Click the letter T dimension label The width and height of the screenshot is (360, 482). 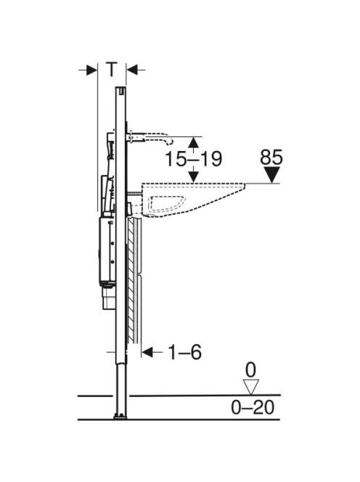(x=112, y=69)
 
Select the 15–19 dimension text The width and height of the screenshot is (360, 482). (x=193, y=159)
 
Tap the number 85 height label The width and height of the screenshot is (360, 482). (x=271, y=158)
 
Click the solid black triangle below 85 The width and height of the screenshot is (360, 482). (x=271, y=175)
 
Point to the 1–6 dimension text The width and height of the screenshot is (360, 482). (x=185, y=352)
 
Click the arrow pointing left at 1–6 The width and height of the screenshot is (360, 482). (x=152, y=352)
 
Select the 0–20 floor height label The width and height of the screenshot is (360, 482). (x=253, y=408)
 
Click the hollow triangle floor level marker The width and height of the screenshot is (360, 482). (x=250, y=387)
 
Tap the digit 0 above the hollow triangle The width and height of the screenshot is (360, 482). (x=250, y=369)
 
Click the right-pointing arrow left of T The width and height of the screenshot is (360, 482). (x=89, y=70)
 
